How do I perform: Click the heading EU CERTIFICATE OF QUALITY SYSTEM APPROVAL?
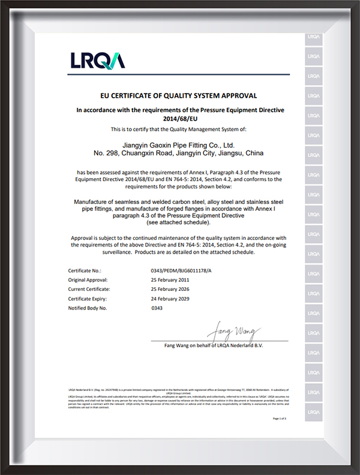point(179,95)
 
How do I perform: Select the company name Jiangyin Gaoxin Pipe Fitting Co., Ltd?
point(179,145)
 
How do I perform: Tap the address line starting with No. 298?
point(179,154)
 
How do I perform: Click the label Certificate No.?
point(88,270)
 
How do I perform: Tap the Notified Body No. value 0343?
point(157,308)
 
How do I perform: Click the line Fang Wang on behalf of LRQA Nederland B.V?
point(214,345)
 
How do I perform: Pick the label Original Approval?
point(92,279)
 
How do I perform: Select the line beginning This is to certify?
point(179,129)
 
